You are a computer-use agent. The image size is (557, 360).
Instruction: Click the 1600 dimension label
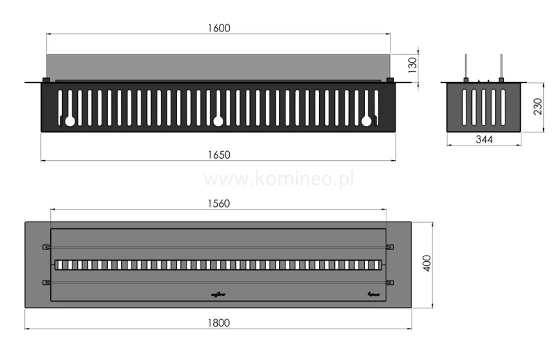click(218, 28)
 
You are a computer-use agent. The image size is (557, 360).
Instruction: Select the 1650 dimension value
click(218, 154)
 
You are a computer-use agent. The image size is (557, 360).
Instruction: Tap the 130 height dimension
click(411, 66)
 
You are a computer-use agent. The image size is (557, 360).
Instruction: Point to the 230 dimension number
click(538, 107)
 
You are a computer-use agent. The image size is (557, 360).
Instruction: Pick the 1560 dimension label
click(218, 203)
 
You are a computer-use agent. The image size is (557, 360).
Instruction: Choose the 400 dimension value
click(427, 264)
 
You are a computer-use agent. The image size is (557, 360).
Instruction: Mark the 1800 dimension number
click(218, 322)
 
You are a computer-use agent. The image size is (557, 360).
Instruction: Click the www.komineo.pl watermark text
click(278, 179)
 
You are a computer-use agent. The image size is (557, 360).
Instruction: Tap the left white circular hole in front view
click(70, 121)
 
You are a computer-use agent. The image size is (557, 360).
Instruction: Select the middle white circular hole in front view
click(218, 121)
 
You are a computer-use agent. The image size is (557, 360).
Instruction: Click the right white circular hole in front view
click(366, 121)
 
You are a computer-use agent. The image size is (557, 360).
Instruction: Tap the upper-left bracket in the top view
click(47, 246)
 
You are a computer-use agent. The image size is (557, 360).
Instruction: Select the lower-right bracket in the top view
click(390, 281)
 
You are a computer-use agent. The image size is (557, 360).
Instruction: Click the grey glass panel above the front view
click(218, 66)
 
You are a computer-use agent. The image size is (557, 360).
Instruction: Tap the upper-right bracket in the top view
click(390, 246)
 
